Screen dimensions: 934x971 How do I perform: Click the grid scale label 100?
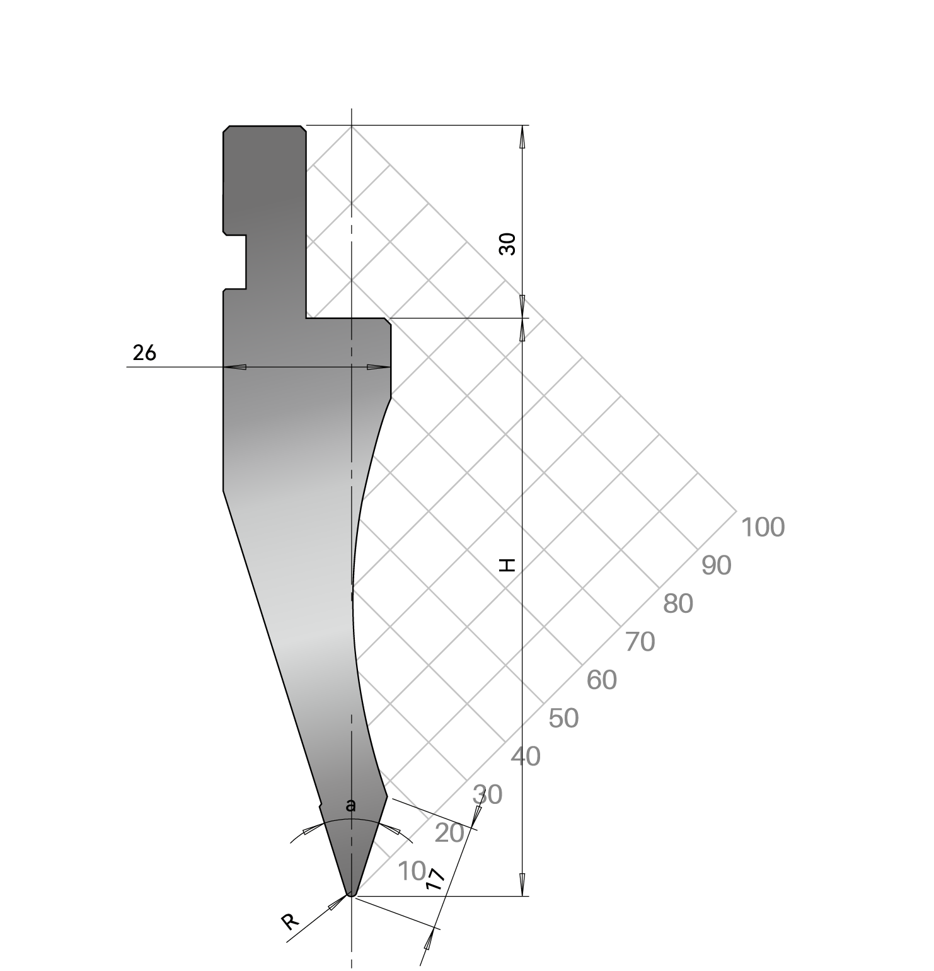click(x=763, y=527)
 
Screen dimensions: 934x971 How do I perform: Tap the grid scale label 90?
click(x=717, y=566)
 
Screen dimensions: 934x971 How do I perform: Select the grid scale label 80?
click(x=678, y=604)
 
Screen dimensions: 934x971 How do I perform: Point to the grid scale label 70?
click(x=640, y=642)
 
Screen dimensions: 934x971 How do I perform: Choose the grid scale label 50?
click(x=563, y=719)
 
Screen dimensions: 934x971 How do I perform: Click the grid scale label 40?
click(x=526, y=757)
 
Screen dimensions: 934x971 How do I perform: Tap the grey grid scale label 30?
click(x=487, y=795)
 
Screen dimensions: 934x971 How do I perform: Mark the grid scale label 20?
click(x=449, y=834)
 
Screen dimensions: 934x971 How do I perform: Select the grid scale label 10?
click(x=412, y=872)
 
